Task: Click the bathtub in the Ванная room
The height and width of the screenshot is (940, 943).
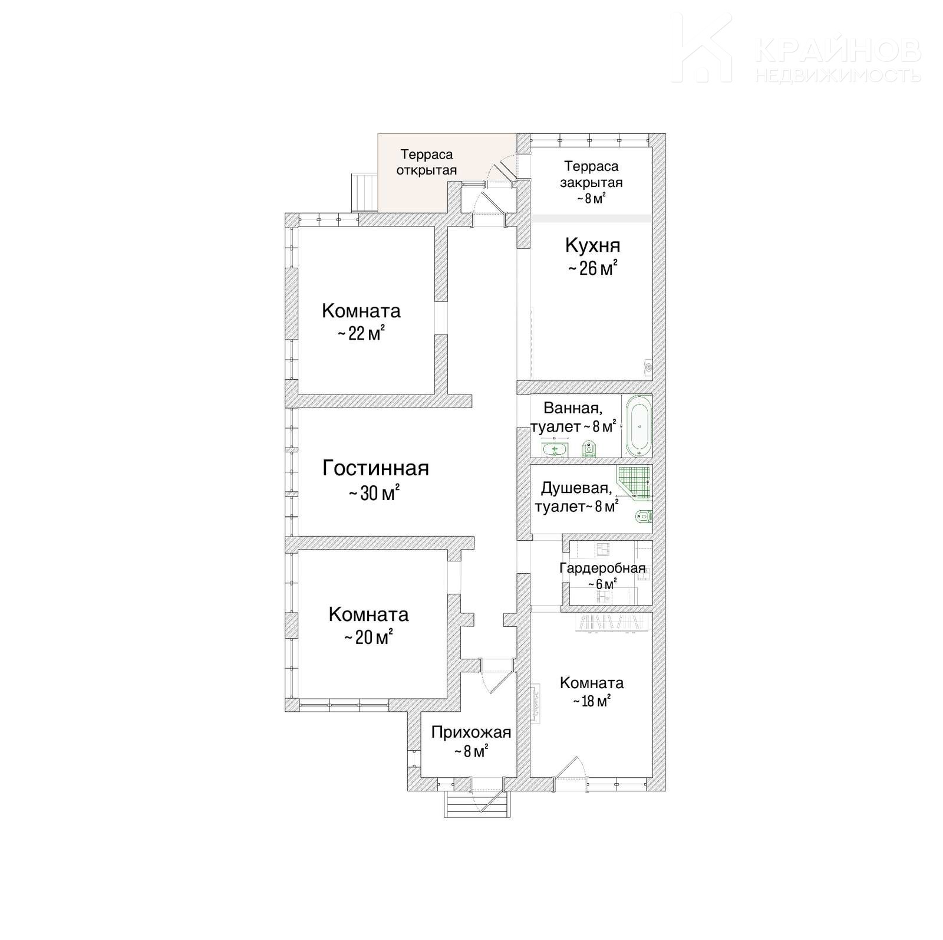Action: pos(638,426)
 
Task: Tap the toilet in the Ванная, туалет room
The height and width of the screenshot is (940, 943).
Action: pos(588,449)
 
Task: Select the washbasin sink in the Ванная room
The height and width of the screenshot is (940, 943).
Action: pos(554,451)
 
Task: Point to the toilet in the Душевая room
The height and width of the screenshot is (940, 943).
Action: pos(643,517)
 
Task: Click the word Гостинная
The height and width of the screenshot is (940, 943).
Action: pos(375,468)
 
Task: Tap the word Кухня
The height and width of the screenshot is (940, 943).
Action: pos(592,245)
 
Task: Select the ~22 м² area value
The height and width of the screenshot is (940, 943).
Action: pos(361,334)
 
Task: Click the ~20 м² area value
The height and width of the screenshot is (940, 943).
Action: pos(368,637)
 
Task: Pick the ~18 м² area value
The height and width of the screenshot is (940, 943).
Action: pos(591,701)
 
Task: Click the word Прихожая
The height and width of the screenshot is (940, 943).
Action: pos(471,732)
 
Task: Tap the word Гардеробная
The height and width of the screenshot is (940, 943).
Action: pos(602,568)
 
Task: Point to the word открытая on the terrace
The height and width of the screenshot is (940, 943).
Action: pos(427,170)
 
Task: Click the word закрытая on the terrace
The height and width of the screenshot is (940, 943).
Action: pos(591,183)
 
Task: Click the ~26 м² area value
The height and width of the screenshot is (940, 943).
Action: pos(592,268)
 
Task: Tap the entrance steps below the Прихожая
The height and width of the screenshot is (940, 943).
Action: pos(477,803)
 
